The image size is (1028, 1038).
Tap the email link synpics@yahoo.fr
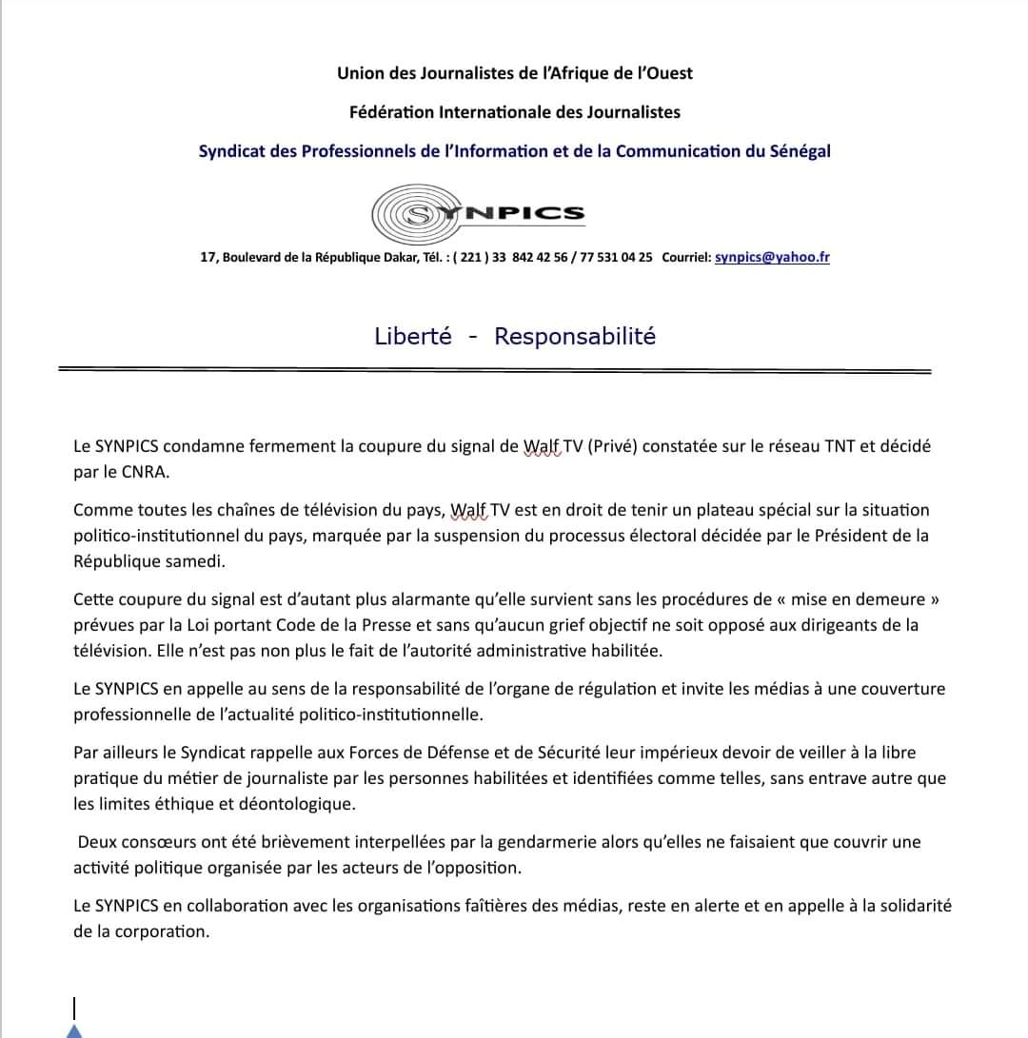pos(772,257)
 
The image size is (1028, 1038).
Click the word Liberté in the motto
pos(413,337)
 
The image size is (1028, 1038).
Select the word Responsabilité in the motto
pos(575,337)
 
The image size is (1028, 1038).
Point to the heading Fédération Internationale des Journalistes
pos(514,112)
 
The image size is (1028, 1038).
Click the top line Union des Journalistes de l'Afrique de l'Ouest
pos(514,73)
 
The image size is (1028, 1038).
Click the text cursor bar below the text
pos(74,1007)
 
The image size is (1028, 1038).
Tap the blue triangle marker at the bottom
pos(74,1030)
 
